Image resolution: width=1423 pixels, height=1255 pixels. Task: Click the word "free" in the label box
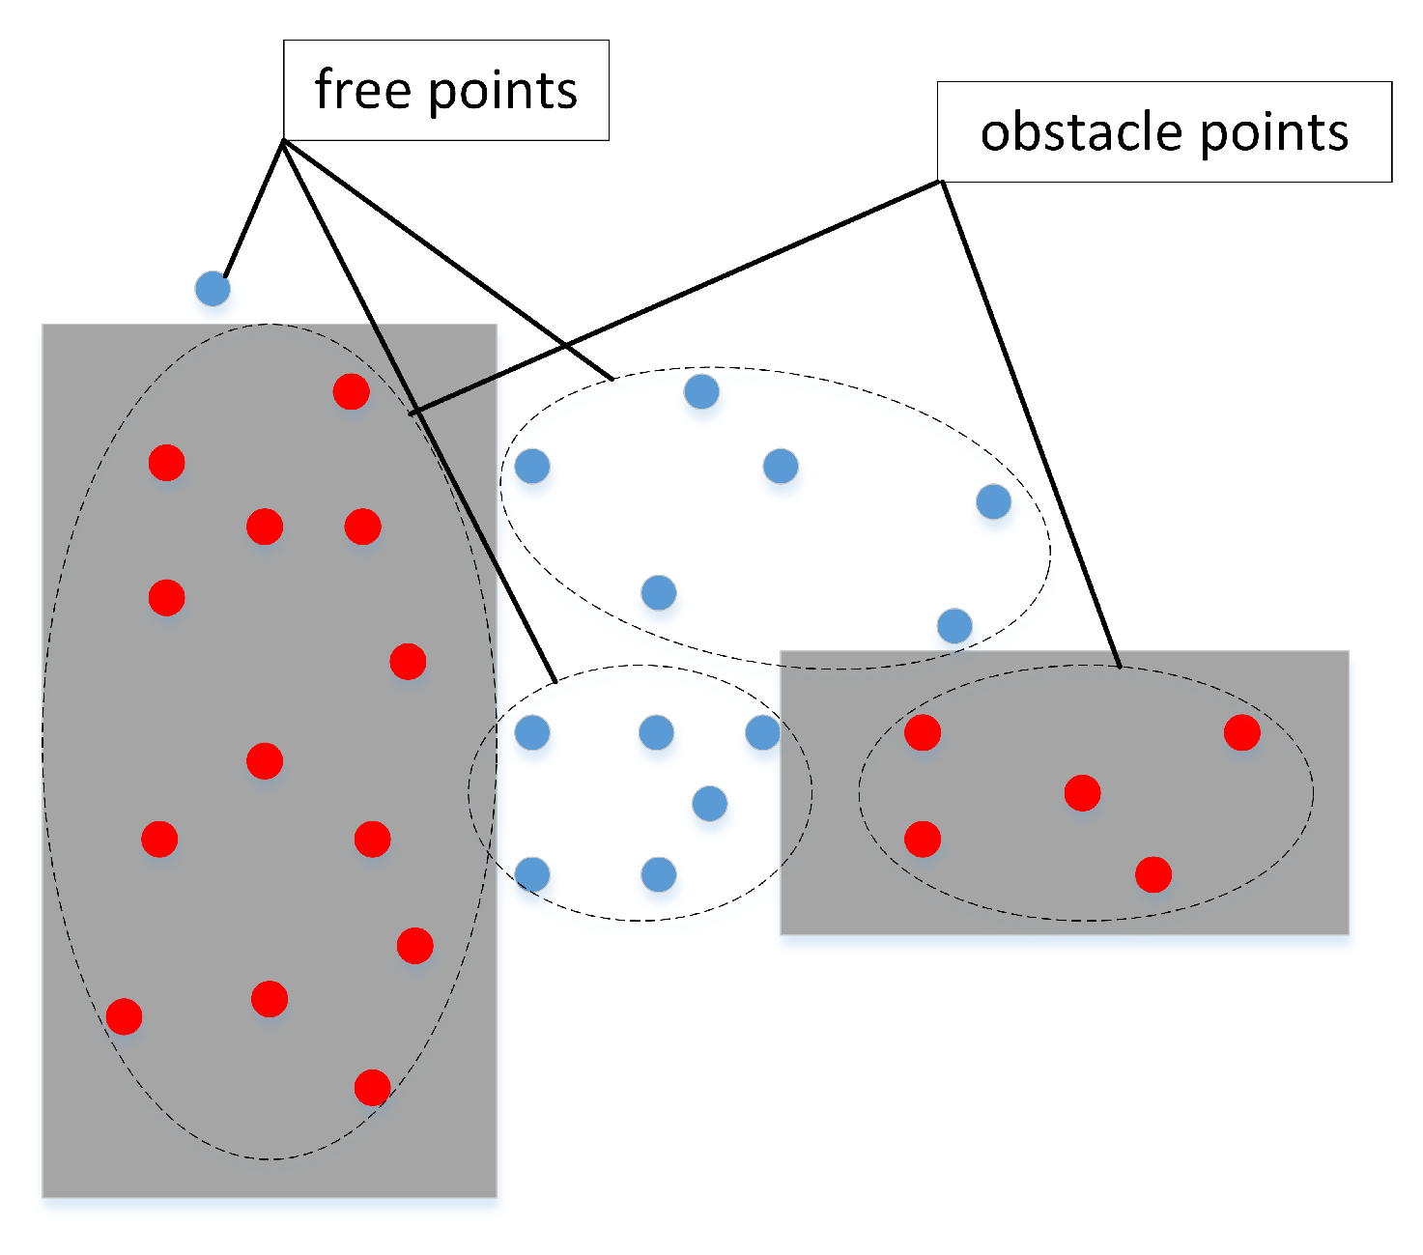[x=363, y=91]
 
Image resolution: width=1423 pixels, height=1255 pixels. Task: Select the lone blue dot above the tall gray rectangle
[x=213, y=288]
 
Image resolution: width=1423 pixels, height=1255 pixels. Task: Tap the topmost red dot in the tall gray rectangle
[x=351, y=391]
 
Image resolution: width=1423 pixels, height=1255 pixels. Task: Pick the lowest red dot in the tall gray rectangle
[x=372, y=1087]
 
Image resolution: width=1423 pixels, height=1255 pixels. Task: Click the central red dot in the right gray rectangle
[x=1082, y=792]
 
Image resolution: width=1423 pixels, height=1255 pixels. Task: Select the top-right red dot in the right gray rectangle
[x=1241, y=732]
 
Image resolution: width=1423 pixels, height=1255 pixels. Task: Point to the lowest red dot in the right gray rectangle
[x=1153, y=874]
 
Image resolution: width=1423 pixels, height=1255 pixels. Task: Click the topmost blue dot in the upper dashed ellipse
[x=701, y=391]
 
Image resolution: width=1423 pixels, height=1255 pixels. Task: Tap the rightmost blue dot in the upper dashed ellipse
[x=993, y=501]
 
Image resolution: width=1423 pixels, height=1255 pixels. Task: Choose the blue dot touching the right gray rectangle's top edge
[x=954, y=626]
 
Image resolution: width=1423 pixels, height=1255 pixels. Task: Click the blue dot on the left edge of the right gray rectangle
[x=762, y=732]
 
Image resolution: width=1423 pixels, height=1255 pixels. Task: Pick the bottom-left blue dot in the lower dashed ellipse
[x=532, y=874]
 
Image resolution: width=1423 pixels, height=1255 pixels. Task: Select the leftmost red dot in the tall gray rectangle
[x=124, y=1016]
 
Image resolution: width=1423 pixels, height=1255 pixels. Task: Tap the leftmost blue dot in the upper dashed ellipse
[x=532, y=466]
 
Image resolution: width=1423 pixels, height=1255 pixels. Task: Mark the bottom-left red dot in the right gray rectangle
[x=923, y=839]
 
